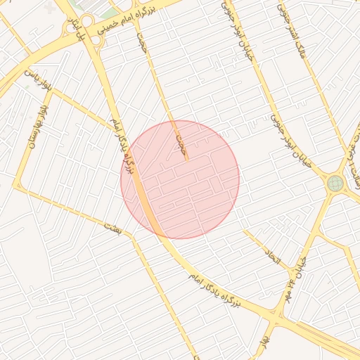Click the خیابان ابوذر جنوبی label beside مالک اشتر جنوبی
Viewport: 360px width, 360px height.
pos(237,32)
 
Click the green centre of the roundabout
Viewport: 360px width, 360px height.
pos(335,184)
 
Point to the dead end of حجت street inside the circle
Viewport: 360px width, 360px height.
pos(187,160)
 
